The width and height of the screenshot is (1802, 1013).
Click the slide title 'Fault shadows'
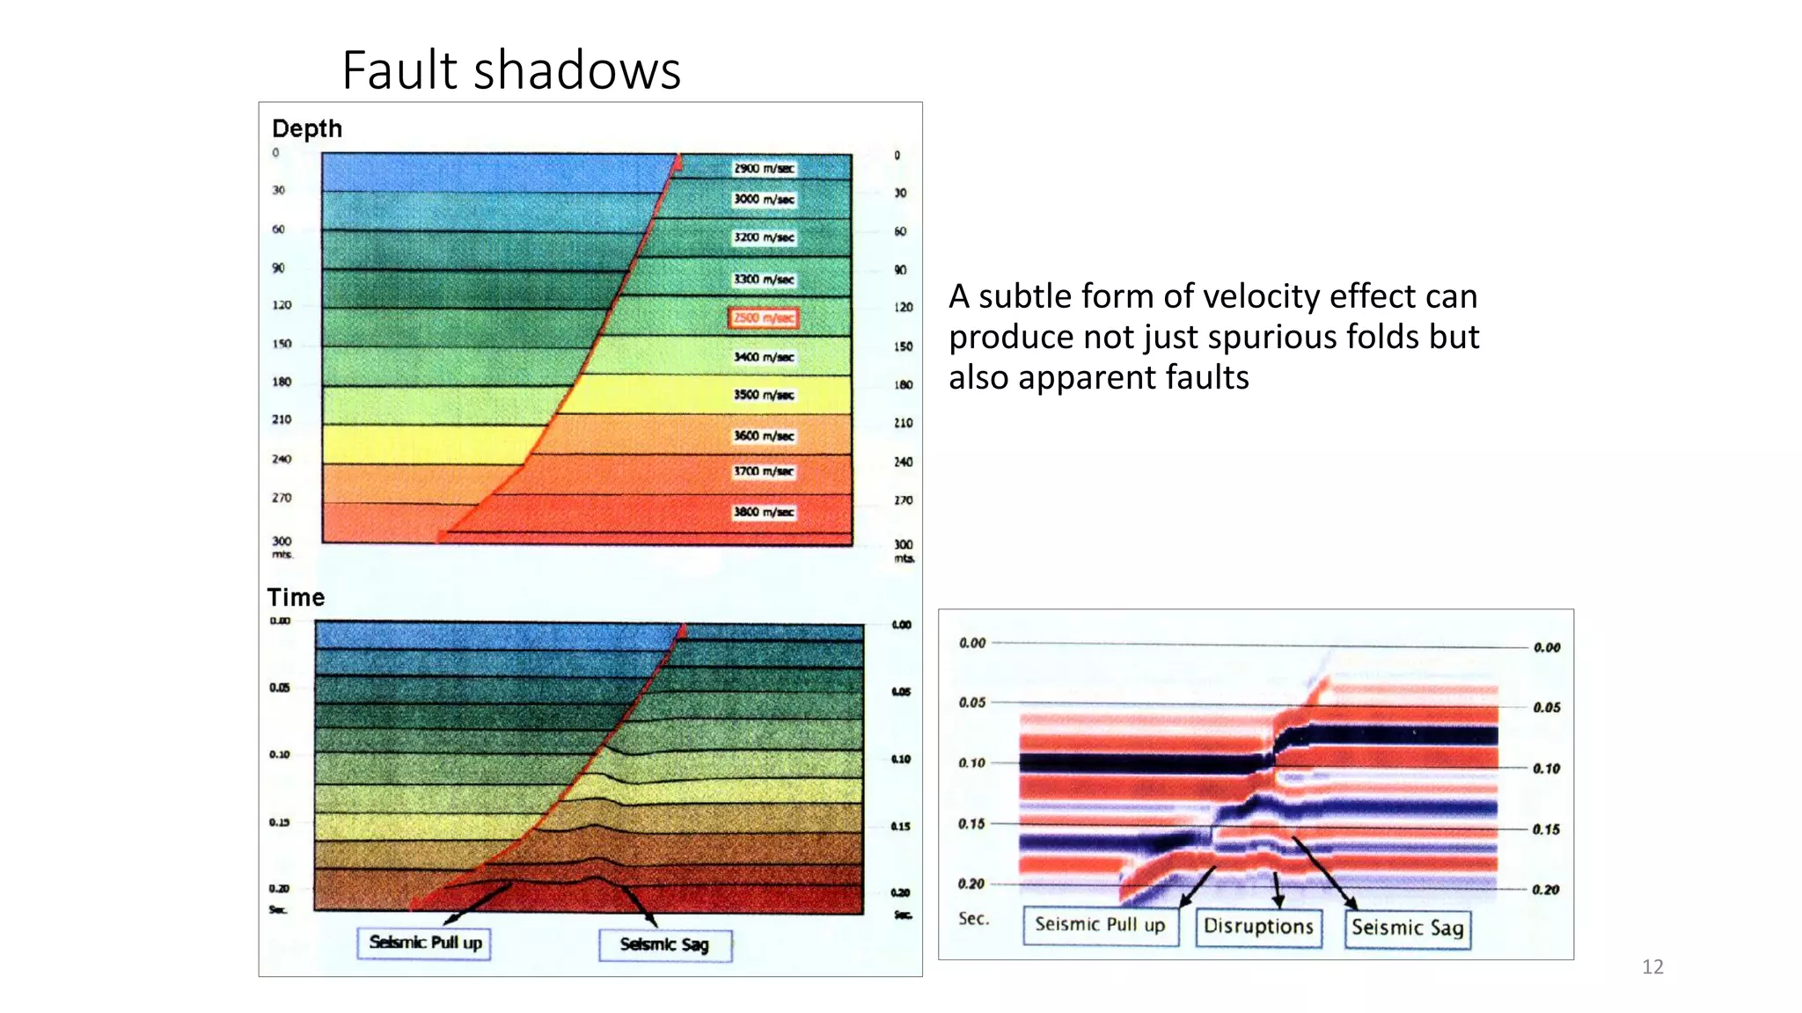pyautogui.click(x=511, y=70)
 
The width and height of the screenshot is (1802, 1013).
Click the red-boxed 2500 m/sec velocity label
pyautogui.click(x=763, y=317)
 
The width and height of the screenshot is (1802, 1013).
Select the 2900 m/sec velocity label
pyautogui.click(x=764, y=168)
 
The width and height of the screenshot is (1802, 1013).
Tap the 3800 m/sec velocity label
pyautogui.click(x=764, y=512)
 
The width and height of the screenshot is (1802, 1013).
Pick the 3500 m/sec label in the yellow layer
pyautogui.click(x=764, y=395)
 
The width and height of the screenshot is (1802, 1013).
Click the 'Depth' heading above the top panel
pyautogui.click(x=307, y=128)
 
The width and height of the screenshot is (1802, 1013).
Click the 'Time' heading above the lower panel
pyautogui.click(x=297, y=598)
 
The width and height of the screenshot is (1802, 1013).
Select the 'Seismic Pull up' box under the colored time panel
pyautogui.click(x=425, y=943)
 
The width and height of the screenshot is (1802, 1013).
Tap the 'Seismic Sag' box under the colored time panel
pyautogui.click(x=664, y=944)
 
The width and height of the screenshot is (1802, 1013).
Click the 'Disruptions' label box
pyautogui.click(x=1258, y=927)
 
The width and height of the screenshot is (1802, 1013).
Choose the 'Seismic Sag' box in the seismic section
pyautogui.click(x=1407, y=928)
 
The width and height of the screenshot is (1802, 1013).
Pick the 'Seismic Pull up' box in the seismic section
pyautogui.click(x=1100, y=925)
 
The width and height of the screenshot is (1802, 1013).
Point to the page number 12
pyautogui.click(x=1652, y=967)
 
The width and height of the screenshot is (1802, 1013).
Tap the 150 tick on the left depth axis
pyautogui.click(x=282, y=344)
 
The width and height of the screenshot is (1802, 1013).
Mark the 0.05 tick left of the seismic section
pyautogui.click(x=972, y=703)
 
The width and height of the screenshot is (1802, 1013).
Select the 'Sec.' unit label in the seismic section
pyautogui.click(x=974, y=919)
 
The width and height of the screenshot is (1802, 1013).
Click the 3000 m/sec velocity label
pyautogui.click(x=764, y=200)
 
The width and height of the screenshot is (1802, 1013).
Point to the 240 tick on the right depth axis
pyautogui.click(x=904, y=462)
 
